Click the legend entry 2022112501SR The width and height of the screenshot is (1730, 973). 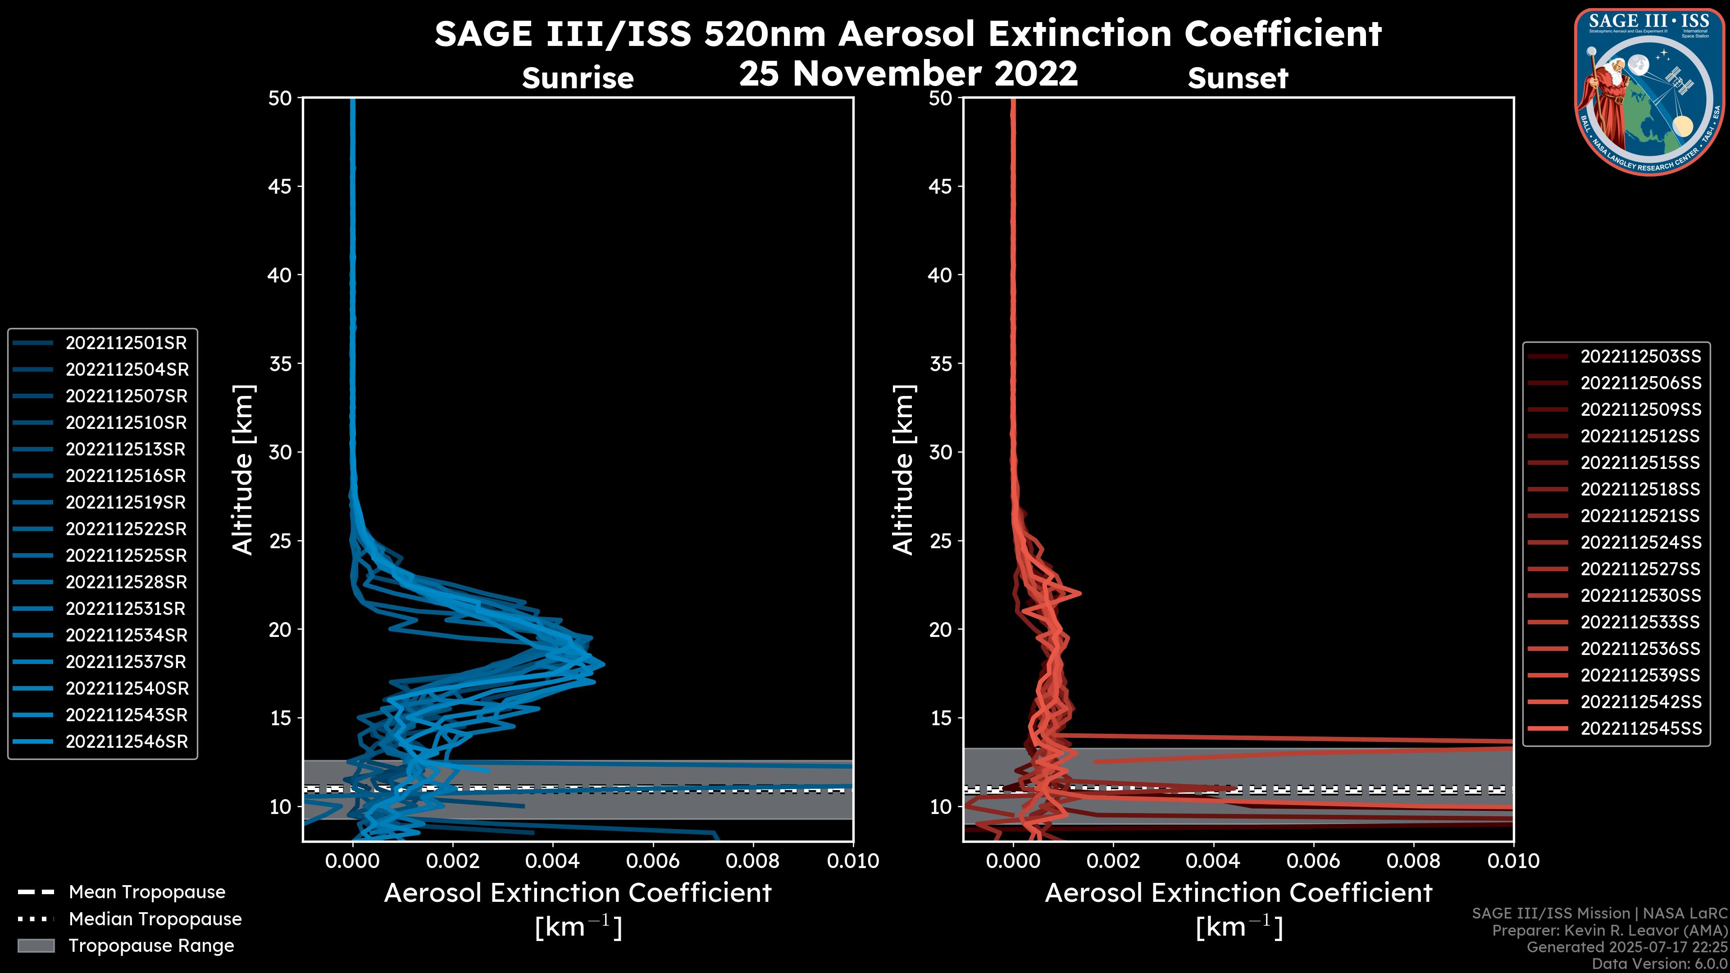coord(126,343)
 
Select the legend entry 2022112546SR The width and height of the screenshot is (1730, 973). coord(126,742)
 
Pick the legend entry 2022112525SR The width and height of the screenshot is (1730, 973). coord(126,556)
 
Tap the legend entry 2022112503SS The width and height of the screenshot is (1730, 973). coord(1640,357)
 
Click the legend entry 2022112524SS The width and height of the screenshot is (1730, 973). coord(1640,542)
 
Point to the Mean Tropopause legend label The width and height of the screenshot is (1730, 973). coord(146,892)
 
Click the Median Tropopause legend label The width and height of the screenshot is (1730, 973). coord(155,919)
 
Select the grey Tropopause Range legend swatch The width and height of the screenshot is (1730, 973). coord(36,946)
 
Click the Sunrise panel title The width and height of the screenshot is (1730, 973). coord(578,78)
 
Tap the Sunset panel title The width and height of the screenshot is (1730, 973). coord(1238,78)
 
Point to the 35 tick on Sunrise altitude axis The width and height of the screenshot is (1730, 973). coord(281,364)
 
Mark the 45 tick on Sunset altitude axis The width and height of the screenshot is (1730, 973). coord(940,186)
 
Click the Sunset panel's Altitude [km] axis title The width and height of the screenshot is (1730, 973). coord(904,470)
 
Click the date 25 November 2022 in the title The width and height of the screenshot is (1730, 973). coord(908,74)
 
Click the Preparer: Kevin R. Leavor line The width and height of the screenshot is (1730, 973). coord(1609,931)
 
